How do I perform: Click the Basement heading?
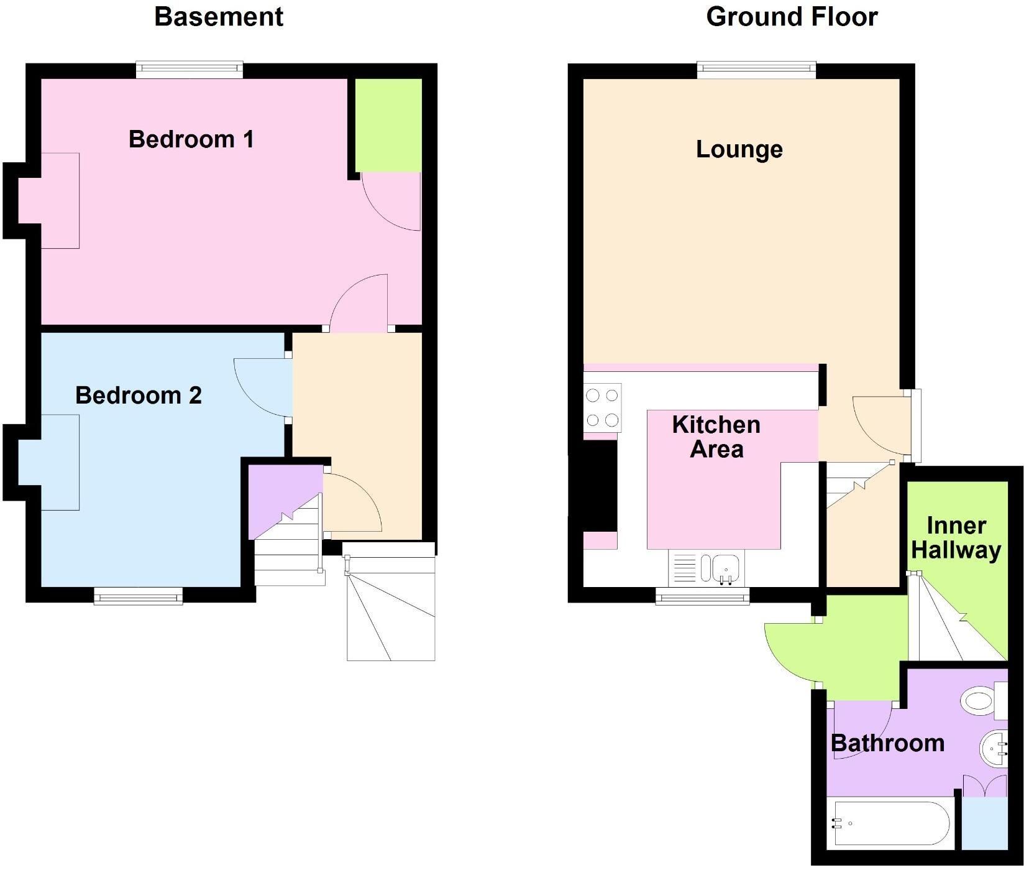pos(219,17)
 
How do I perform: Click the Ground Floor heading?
pos(792,17)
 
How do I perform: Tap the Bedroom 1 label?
pos(191,139)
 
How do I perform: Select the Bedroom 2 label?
pos(139,395)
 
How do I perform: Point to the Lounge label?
pos(739,149)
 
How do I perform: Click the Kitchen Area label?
pos(716,437)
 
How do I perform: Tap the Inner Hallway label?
pos(956,538)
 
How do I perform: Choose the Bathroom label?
pos(887,743)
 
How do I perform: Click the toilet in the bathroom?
pos(984,700)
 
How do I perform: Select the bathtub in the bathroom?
pos(892,823)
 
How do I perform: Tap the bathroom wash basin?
pos(994,749)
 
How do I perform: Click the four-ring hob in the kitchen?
pos(602,408)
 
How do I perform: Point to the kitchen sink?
pos(705,568)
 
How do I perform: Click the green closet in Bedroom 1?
pos(388,125)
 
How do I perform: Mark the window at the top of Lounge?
pos(756,70)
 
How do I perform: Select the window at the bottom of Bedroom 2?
pos(139,597)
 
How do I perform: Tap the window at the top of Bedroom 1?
pos(190,70)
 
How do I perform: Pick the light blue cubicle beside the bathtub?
pos(984,823)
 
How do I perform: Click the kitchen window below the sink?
pos(703,597)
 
